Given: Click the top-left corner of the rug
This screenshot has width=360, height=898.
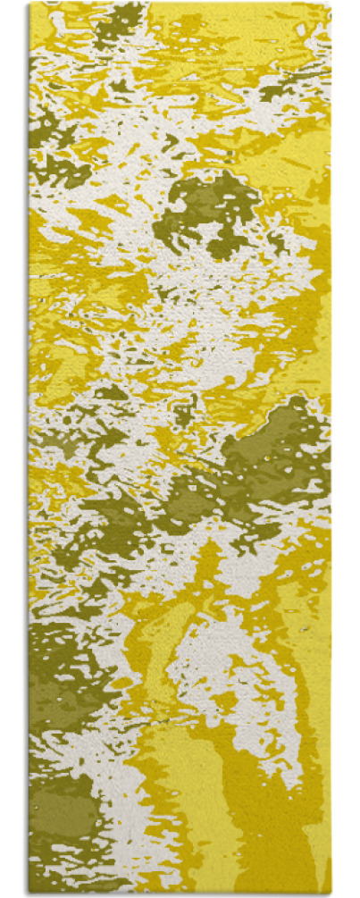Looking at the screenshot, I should click(x=30, y=4).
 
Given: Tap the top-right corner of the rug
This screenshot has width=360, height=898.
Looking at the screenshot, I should click(x=331, y=4).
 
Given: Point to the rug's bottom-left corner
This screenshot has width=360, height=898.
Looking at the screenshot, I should click(x=30, y=893).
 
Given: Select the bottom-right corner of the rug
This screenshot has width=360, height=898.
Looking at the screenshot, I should click(x=331, y=893).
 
